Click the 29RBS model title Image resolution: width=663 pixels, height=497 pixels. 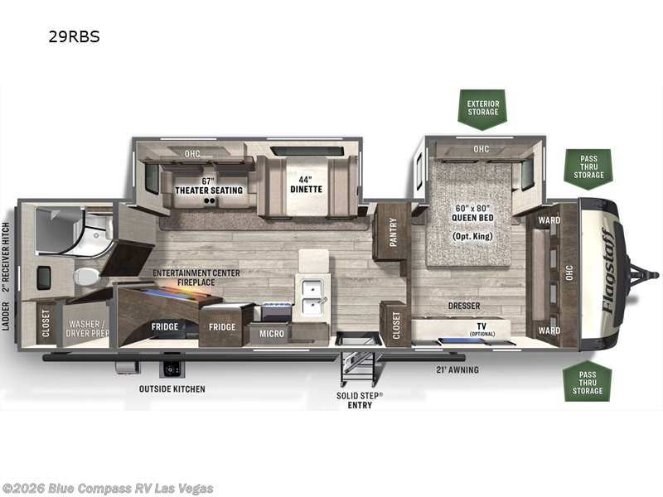(x=74, y=36)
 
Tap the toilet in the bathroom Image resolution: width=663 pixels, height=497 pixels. (x=86, y=277)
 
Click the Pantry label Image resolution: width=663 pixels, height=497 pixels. (x=393, y=232)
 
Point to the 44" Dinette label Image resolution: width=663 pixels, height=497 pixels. (x=306, y=185)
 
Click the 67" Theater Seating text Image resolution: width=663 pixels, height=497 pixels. (x=209, y=186)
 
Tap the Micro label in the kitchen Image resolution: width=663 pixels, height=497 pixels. (x=272, y=334)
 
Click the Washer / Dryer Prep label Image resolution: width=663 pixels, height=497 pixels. (x=88, y=328)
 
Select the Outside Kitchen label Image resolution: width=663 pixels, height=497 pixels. (x=172, y=388)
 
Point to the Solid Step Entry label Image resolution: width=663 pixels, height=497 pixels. (x=360, y=400)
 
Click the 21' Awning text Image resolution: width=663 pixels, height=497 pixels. (x=457, y=369)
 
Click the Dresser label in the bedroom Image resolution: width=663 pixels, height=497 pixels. (x=464, y=306)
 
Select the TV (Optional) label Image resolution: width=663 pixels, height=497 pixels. (x=482, y=329)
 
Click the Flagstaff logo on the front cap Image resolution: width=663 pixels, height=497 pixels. (x=608, y=271)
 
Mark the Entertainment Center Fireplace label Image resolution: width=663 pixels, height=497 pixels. (x=196, y=277)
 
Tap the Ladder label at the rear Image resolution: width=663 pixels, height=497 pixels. (x=6, y=316)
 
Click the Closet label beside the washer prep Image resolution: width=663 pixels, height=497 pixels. (x=46, y=324)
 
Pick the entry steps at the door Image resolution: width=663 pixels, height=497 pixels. (x=359, y=369)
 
